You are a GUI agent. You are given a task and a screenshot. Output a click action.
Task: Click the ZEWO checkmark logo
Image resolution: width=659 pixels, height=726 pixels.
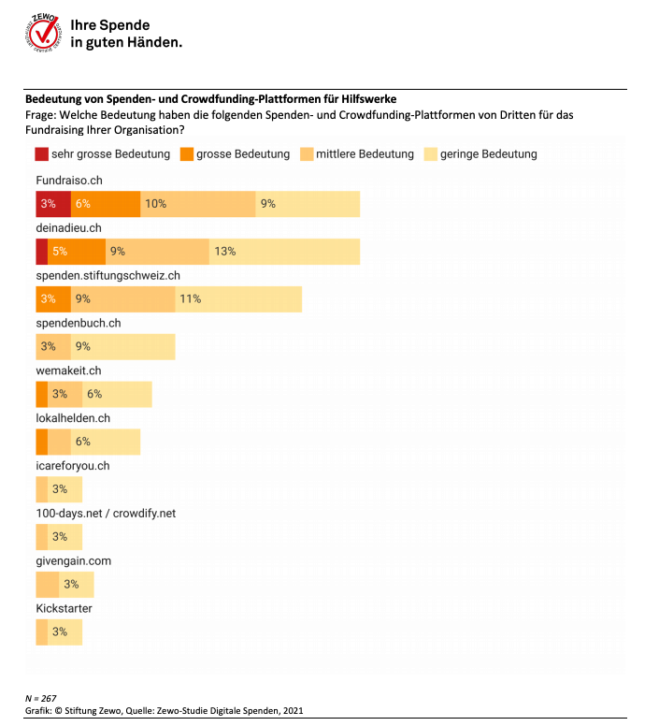pyautogui.click(x=44, y=34)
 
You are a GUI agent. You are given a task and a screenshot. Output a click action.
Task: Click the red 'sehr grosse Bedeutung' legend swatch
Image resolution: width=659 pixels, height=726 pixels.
pyautogui.click(x=42, y=153)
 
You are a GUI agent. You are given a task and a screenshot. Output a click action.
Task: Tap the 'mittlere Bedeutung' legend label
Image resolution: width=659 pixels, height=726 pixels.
pyautogui.click(x=365, y=153)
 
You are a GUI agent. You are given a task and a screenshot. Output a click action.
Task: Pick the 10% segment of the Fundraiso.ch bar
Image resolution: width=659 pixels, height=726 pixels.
pyautogui.click(x=197, y=203)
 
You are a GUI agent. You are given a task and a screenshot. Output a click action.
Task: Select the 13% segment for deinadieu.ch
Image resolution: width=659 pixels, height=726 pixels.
pyautogui.click(x=284, y=251)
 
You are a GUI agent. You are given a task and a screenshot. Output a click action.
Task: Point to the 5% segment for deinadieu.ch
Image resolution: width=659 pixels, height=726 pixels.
pyautogui.click(x=76, y=251)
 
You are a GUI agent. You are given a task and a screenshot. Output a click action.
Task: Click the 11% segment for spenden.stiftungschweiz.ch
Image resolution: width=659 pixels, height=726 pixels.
pyautogui.click(x=238, y=299)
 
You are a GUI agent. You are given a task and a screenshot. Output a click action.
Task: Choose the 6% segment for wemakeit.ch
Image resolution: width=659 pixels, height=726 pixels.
pyautogui.click(x=117, y=395)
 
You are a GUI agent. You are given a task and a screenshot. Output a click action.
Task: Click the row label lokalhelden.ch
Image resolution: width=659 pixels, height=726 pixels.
pyautogui.click(x=73, y=418)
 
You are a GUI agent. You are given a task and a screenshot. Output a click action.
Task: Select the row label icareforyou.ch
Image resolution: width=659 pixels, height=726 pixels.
pyautogui.click(x=73, y=466)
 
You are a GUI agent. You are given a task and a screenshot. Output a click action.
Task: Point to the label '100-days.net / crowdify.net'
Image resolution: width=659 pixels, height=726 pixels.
pyautogui.click(x=106, y=514)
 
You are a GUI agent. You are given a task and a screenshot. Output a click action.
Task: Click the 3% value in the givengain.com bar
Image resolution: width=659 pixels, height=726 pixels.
pyautogui.click(x=71, y=585)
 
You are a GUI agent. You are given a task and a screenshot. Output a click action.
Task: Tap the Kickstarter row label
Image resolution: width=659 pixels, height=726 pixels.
pyautogui.click(x=64, y=609)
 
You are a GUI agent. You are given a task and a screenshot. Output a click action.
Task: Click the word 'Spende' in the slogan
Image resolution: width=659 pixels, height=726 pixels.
pyautogui.click(x=124, y=25)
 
